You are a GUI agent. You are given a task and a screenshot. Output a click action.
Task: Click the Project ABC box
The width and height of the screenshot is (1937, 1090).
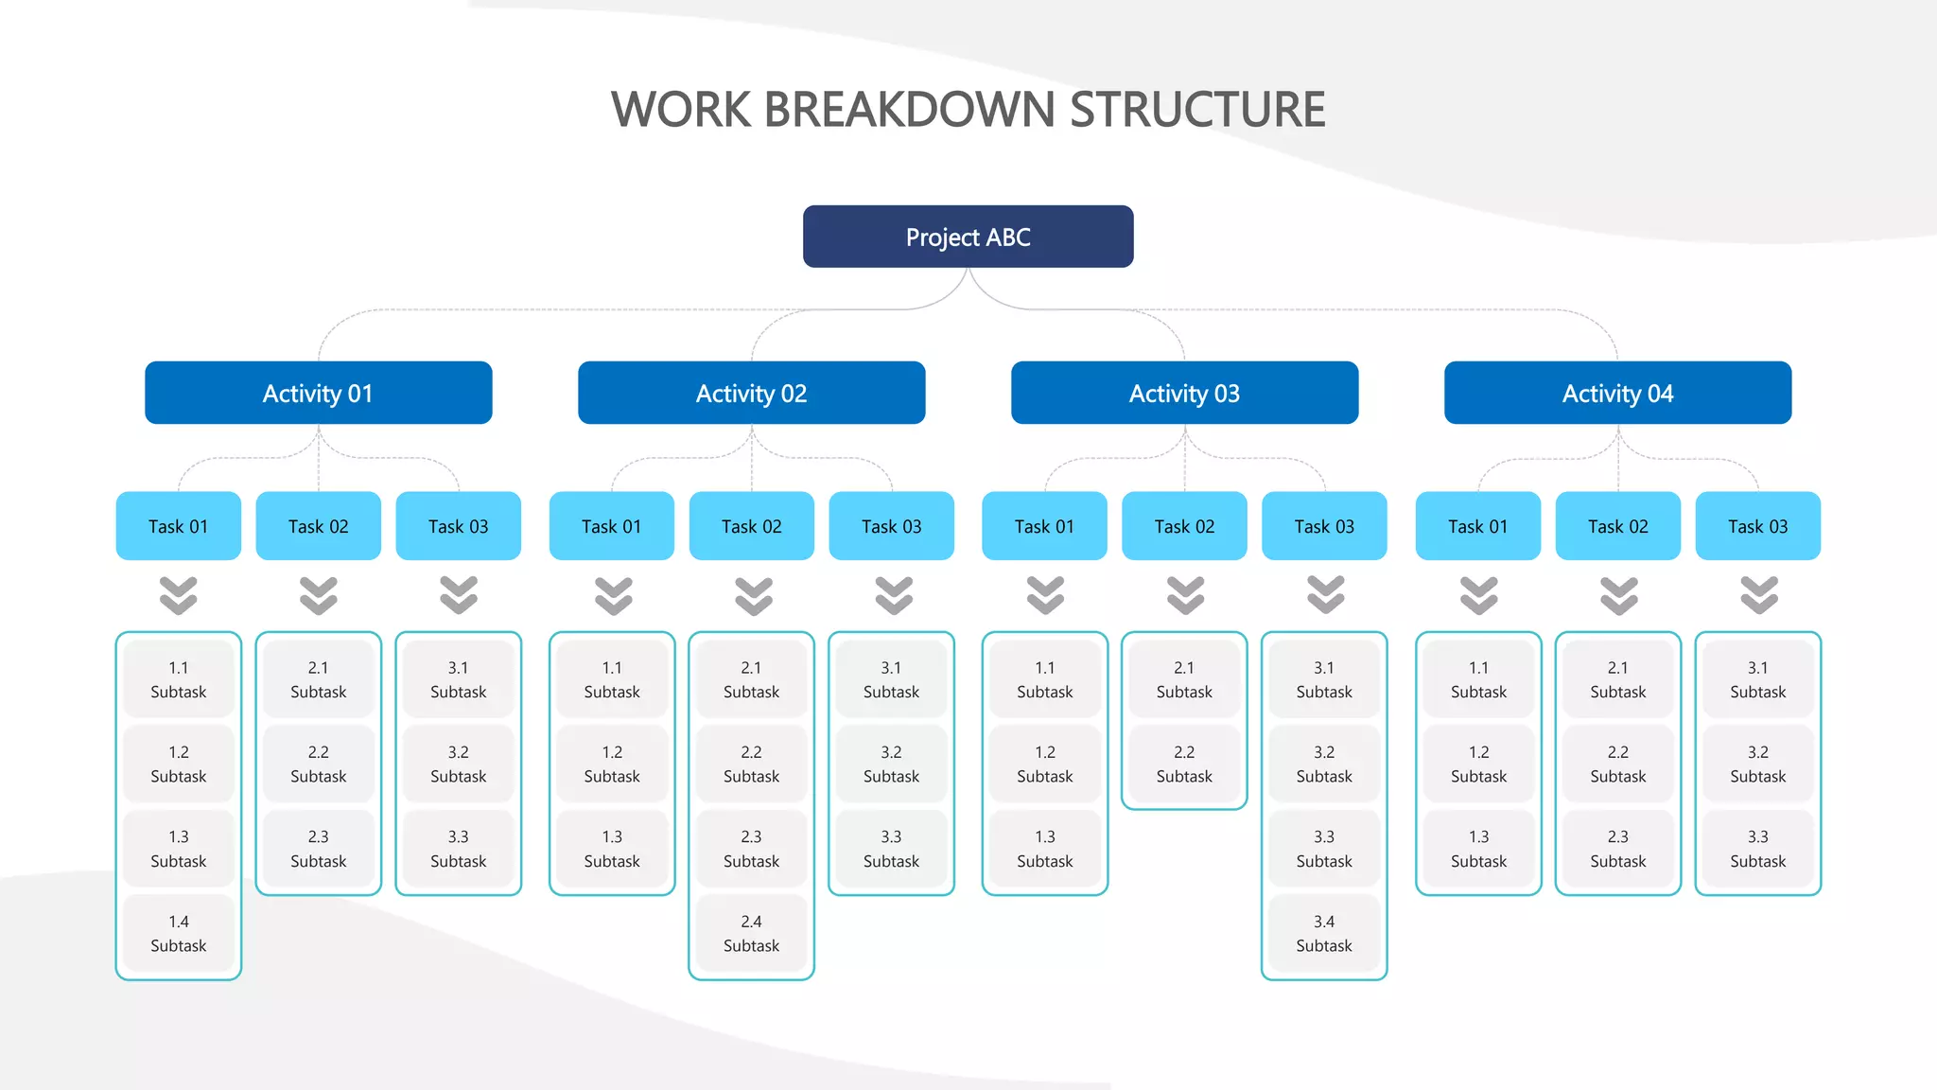click(x=968, y=237)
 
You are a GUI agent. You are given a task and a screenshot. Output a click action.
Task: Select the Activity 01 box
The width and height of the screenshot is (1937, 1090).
click(x=318, y=393)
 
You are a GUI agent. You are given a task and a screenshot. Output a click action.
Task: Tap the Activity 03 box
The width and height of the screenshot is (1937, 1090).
click(x=1184, y=393)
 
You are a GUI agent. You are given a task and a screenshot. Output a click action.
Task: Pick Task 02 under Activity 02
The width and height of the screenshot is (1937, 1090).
click(x=751, y=526)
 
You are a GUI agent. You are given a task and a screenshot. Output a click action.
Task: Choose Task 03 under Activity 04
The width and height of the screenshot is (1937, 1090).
click(x=1757, y=526)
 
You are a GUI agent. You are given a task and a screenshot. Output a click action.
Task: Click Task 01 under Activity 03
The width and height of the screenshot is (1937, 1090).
click(x=1044, y=526)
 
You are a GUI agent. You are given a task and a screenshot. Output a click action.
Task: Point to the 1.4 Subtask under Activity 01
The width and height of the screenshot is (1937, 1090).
click(x=178, y=933)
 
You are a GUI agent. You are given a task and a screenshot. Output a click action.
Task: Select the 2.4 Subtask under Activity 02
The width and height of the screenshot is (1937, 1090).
click(x=751, y=933)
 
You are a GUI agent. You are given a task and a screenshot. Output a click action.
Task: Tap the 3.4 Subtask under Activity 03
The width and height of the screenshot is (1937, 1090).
click(x=1323, y=933)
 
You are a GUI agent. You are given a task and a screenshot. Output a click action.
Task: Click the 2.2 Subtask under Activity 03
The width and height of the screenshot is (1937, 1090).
click(x=1183, y=764)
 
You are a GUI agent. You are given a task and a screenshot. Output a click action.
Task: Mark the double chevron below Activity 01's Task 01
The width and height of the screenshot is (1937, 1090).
click(x=178, y=595)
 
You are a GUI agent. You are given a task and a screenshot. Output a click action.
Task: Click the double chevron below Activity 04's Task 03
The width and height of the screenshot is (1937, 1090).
click(x=1758, y=595)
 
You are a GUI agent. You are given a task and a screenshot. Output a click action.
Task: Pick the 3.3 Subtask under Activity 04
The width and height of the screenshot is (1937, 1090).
click(x=1757, y=849)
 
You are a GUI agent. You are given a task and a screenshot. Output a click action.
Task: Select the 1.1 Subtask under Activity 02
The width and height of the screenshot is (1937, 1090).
click(x=611, y=679)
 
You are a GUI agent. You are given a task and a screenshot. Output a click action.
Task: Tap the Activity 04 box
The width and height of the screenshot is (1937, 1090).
click(x=1617, y=393)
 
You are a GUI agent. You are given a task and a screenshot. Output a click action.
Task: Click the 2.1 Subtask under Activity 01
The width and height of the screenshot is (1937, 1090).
click(x=318, y=679)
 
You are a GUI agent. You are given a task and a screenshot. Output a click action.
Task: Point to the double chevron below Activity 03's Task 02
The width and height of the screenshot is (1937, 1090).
click(x=1185, y=595)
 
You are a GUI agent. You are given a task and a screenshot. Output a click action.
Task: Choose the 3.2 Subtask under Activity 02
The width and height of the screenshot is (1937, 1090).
click(x=891, y=764)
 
